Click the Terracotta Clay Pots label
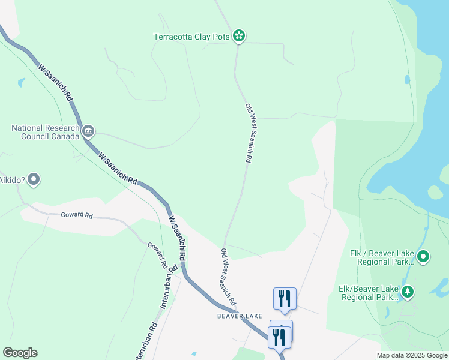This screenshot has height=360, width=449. (191, 37)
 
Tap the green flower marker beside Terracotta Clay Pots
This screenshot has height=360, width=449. (239, 36)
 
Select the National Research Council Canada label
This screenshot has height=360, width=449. (46, 132)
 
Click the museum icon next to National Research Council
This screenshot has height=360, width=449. (88, 131)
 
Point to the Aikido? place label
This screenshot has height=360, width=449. (12, 179)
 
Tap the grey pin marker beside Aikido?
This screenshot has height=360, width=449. (34, 179)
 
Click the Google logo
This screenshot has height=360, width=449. (20, 353)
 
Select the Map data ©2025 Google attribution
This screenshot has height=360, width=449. (412, 355)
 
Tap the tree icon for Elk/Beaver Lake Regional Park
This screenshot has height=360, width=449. (408, 292)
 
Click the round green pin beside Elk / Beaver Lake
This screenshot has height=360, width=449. (423, 257)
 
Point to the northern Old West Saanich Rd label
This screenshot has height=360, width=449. (248, 133)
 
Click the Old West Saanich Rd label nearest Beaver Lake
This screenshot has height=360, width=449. (227, 276)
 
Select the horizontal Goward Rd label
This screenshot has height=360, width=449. (77, 215)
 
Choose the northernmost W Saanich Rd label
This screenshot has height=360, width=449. (55, 82)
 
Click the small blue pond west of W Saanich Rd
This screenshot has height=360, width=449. (22, 82)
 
